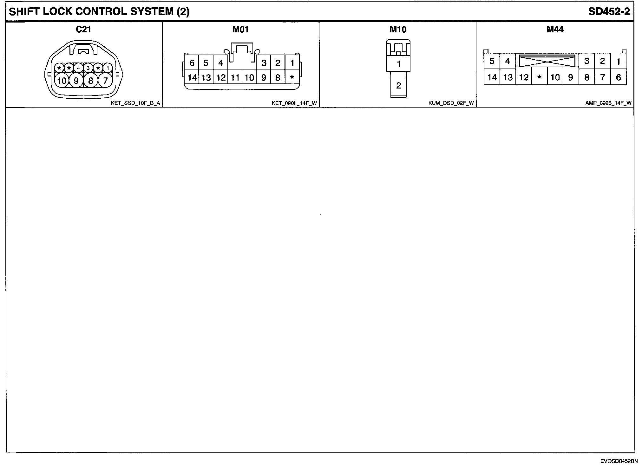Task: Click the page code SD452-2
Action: click(609, 12)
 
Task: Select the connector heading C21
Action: click(83, 30)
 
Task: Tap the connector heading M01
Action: click(240, 30)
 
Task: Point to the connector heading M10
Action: click(398, 30)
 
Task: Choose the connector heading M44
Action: click(555, 30)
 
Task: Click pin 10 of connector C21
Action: click(62, 81)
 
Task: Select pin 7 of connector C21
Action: click(105, 81)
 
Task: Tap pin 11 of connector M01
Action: click(235, 77)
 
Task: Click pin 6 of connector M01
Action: click(192, 63)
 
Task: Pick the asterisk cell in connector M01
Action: click(292, 77)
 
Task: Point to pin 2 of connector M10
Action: click(399, 85)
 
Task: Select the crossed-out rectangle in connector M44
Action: click(547, 61)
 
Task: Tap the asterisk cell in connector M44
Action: click(539, 77)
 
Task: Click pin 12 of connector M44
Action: click(524, 77)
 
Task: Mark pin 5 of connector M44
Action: click(492, 61)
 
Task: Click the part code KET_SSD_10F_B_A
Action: click(135, 103)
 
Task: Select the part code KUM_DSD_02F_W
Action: click(451, 103)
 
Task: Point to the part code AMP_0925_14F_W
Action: click(608, 103)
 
